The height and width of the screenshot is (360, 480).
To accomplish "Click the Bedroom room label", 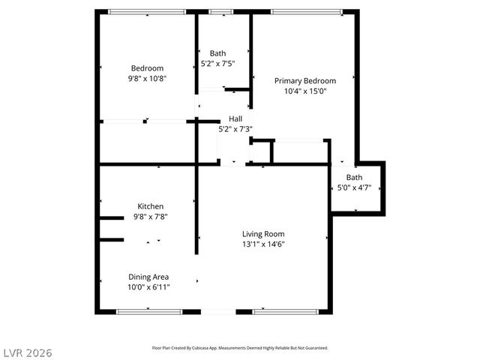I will tap(147, 68).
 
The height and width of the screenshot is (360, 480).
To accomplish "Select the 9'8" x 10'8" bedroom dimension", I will tap(147, 78).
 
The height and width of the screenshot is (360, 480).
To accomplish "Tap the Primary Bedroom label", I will tap(304, 81).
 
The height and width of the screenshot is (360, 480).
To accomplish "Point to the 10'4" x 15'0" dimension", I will tap(304, 91).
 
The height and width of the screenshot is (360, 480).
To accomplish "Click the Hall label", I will tap(235, 118).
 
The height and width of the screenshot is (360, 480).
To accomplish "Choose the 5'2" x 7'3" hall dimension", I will tap(235, 129).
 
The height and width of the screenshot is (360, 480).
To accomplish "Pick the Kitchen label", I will tap(150, 206).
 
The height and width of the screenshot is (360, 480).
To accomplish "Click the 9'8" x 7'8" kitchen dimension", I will tap(150, 217).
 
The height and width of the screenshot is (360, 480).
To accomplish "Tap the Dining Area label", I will tap(148, 276).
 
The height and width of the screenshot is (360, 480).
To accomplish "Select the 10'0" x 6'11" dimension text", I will tap(148, 286).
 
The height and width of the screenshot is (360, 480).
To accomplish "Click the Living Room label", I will tap(263, 234).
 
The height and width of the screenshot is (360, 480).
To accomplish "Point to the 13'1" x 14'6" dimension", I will tap(263, 244).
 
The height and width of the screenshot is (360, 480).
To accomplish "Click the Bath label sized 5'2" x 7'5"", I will tap(217, 53).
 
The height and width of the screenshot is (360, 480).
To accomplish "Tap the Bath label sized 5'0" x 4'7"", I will tap(354, 178).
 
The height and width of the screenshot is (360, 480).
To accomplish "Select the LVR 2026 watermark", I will tap(27, 352).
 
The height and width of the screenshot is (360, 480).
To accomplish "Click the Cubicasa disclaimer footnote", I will tap(240, 348).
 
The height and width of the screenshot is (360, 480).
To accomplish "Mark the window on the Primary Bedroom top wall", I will tap(306, 11).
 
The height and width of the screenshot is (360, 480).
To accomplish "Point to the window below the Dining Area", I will tap(148, 311).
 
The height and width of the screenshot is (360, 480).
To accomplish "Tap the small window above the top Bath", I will tap(220, 11).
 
